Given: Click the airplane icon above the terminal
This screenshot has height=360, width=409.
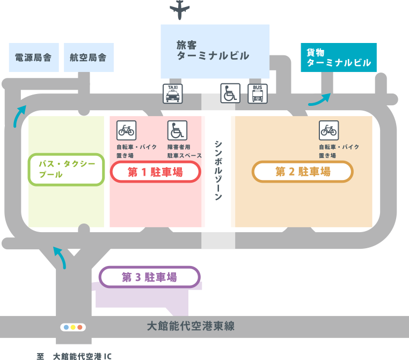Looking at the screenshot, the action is [x=179, y=10].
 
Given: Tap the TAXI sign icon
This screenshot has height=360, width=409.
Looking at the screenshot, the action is [x=173, y=93].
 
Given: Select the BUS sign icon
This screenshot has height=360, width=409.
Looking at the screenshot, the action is [x=258, y=93].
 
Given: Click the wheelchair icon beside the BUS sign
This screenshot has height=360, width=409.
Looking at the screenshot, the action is [x=230, y=93].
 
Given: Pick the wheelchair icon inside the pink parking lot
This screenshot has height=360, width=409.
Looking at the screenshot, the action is [x=177, y=130].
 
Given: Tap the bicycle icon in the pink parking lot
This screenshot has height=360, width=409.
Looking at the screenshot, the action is [x=127, y=130].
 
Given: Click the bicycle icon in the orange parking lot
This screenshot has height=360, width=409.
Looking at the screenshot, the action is [x=329, y=130].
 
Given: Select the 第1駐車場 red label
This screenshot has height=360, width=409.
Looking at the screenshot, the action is [x=156, y=172].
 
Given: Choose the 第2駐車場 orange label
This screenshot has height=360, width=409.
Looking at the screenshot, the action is [x=303, y=171].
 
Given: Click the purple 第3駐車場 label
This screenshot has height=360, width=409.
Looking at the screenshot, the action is [x=149, y=277].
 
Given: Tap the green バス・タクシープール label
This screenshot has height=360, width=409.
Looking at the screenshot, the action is [x=66, y=169].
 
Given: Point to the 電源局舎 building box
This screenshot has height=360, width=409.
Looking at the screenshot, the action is [x=34, y=57].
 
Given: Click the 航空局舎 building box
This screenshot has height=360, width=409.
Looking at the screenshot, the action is [x=89, y=57].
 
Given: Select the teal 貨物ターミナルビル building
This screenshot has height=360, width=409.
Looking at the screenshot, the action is [x=339, y=57].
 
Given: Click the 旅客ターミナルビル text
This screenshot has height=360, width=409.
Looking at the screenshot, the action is [x=213, y=51].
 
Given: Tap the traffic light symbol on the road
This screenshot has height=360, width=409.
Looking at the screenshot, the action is [x=73, y=327].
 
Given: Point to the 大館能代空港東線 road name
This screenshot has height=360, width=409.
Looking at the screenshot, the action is [x=191, y=326].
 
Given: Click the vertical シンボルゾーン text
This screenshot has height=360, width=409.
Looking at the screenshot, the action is [x=218, y=170].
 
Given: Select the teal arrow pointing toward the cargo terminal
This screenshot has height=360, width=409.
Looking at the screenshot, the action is [x=320, y=100].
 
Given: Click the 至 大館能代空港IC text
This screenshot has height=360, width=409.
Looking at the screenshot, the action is [x=74, y=356].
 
